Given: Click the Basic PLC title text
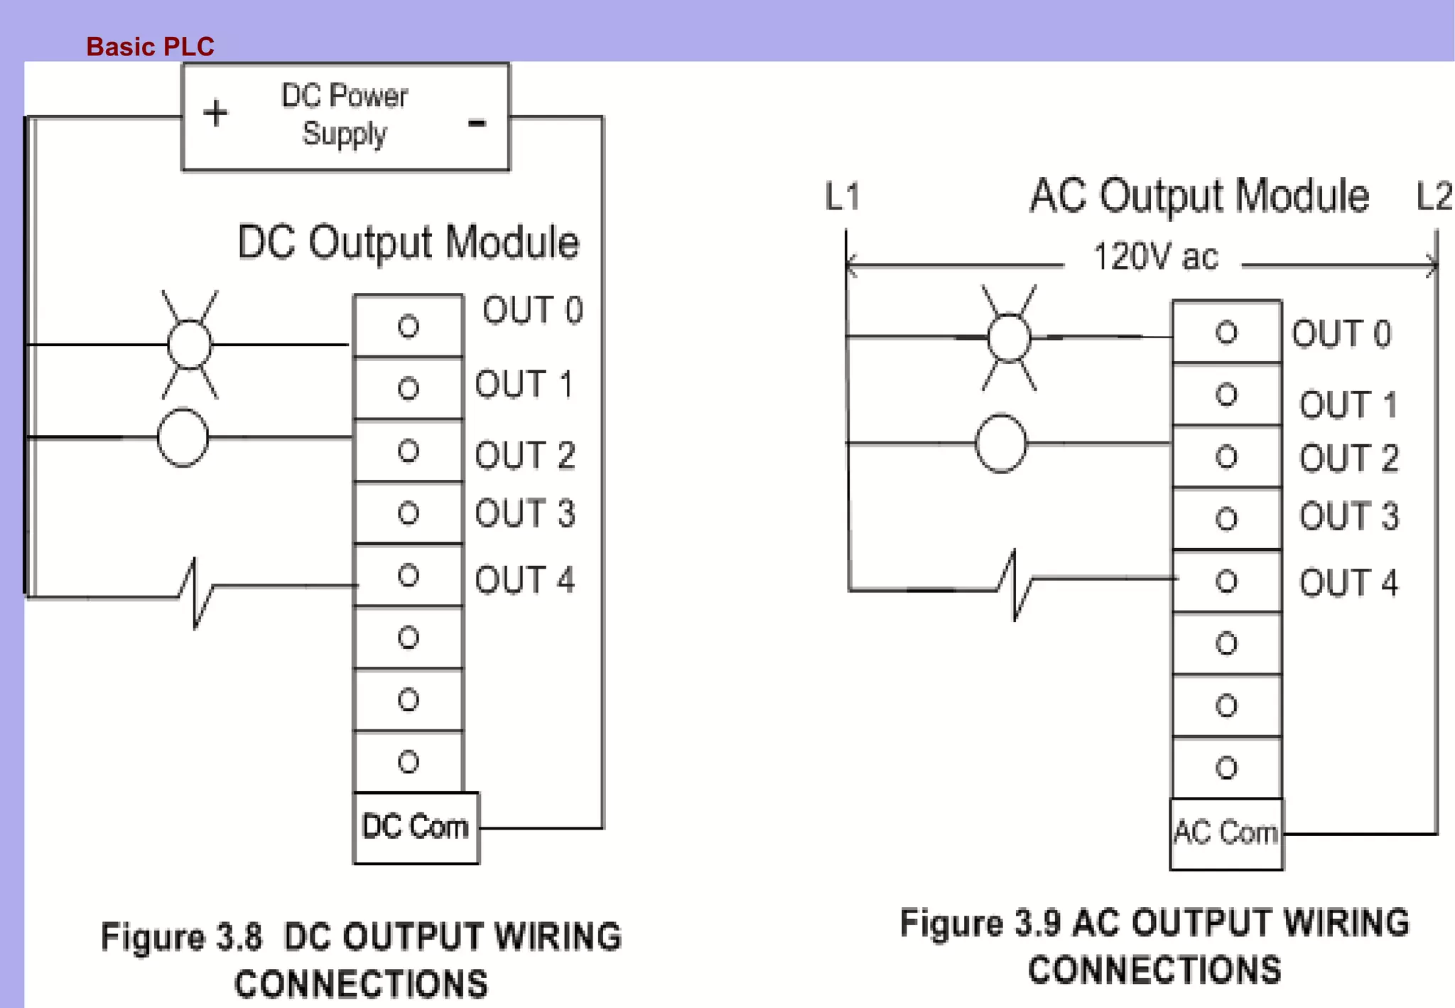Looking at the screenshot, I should pyautogui.click(x=150, y=47).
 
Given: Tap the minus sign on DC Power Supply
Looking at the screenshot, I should pyautogui.click(x=477, y=123).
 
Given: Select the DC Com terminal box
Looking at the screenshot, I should pyautogui.click(x=416, y=827).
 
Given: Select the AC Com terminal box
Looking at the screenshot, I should pyautogui.click(x=1226, y=833).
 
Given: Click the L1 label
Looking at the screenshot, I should pyautogui.click(x=843, y=196).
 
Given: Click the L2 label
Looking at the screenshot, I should pyautogui.click(x=1433, y=196).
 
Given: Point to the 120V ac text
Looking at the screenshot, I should pyautogui.click(x=1155, y=257).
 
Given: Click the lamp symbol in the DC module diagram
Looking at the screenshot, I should pyautogui.click(x=190, y=345).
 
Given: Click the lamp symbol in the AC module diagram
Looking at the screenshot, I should pyautogui.click(x=1009, y=338).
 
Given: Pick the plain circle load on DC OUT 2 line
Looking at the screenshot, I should pyautogui.click(x=183, y=438).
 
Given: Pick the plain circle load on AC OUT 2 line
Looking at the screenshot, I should pyautogui.click(x=1000, y=444).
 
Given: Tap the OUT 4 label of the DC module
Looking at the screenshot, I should pyautogui.click(x=524, y=580).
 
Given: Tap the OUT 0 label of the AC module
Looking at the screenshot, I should pyautogui.click(x=1341, y=334).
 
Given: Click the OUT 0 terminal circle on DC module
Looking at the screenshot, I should pyautogui.click(x=409, y=326).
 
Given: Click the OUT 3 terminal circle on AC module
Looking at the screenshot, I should pyautogui.click(x=1226, y=519).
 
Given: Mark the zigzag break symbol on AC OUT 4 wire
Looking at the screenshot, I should pyautogui.click(x=1015, y=584).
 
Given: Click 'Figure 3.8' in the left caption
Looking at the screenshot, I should pyautogui.click(x=181, y=936).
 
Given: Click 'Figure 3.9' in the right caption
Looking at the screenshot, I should pyautogui.click(x=980, y=923).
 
